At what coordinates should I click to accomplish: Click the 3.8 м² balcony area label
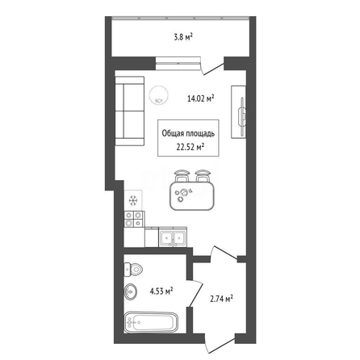pyautogui.click(x=184, y=37)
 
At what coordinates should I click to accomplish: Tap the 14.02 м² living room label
pyautogui.click(x=200, y=98)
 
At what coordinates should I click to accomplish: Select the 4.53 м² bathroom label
pyautogui.click(x=161, y=291)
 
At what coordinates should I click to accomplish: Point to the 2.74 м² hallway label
pyautogui.click(x=221, y=299)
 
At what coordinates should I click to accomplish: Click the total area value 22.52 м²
pyautogui.click(x=190, y=147)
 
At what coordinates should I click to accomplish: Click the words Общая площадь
pyautogui.click(x=188, y=133)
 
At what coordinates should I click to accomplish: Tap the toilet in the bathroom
pyautogui.click(x=133, y=270)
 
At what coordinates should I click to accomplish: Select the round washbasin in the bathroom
pyautogui.click(x=131, y=291)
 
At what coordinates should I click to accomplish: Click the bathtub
pyautogui.click(x=151, y=322)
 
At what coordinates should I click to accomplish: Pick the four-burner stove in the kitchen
pyautogui.click(x=134, y=219)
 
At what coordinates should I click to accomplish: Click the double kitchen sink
pyautogui.click(x=173, y=237)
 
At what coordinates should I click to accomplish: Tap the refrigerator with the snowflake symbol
pyautogui.click(x=133, y=200)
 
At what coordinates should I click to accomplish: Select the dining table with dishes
pyautogui.click(x=192, y=195)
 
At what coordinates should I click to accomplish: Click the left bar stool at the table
pyautogui.click(x=182, y=175)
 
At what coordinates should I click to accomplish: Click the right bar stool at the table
pyautogui.click(x=203, y=175)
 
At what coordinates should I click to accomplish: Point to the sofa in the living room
pyautogui.click(x=130, y=111)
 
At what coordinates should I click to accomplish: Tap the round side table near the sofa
pyautogui.click(x=159, y=95)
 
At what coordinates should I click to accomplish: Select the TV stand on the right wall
pyautogui.click(x=238, y=112)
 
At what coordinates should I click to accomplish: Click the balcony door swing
pyautogui.click(x=214, y=69)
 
